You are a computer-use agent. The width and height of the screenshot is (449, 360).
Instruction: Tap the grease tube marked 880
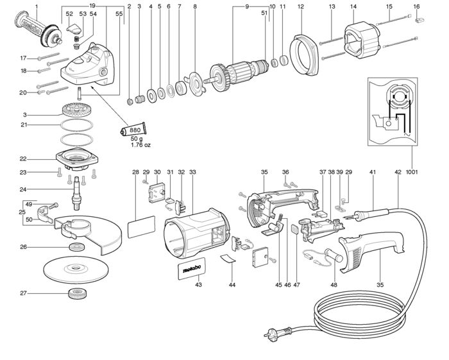tap(133, 130)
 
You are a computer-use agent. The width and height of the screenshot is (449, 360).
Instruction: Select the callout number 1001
tap(412, 172)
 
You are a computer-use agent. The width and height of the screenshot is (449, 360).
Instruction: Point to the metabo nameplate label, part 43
tap(191, 268)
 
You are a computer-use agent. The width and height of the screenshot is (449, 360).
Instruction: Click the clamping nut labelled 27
tap(78, 294)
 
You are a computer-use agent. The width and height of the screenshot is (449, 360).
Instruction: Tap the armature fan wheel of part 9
tap(219, 76)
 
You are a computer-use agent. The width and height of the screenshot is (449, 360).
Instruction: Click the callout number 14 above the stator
tap(353, 6)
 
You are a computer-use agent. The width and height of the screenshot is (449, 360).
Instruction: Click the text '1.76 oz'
tap(140, 145)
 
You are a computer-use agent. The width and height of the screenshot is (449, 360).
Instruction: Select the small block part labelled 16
tap(419, 21)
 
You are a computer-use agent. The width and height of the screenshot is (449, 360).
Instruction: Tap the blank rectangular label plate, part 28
tap(141, 227)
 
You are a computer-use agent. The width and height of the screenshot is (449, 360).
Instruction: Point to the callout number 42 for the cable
tap(398, 172)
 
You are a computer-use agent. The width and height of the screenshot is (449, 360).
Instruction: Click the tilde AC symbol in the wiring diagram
tap(406, 133)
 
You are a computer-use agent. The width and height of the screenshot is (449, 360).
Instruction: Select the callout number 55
tap(119, 13)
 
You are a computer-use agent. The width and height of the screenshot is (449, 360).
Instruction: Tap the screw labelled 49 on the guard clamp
tap(53, 205)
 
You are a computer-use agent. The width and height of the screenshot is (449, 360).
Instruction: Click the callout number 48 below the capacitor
tap(334, 285)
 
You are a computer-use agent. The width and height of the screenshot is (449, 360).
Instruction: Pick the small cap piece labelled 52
tap(74, 28)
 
